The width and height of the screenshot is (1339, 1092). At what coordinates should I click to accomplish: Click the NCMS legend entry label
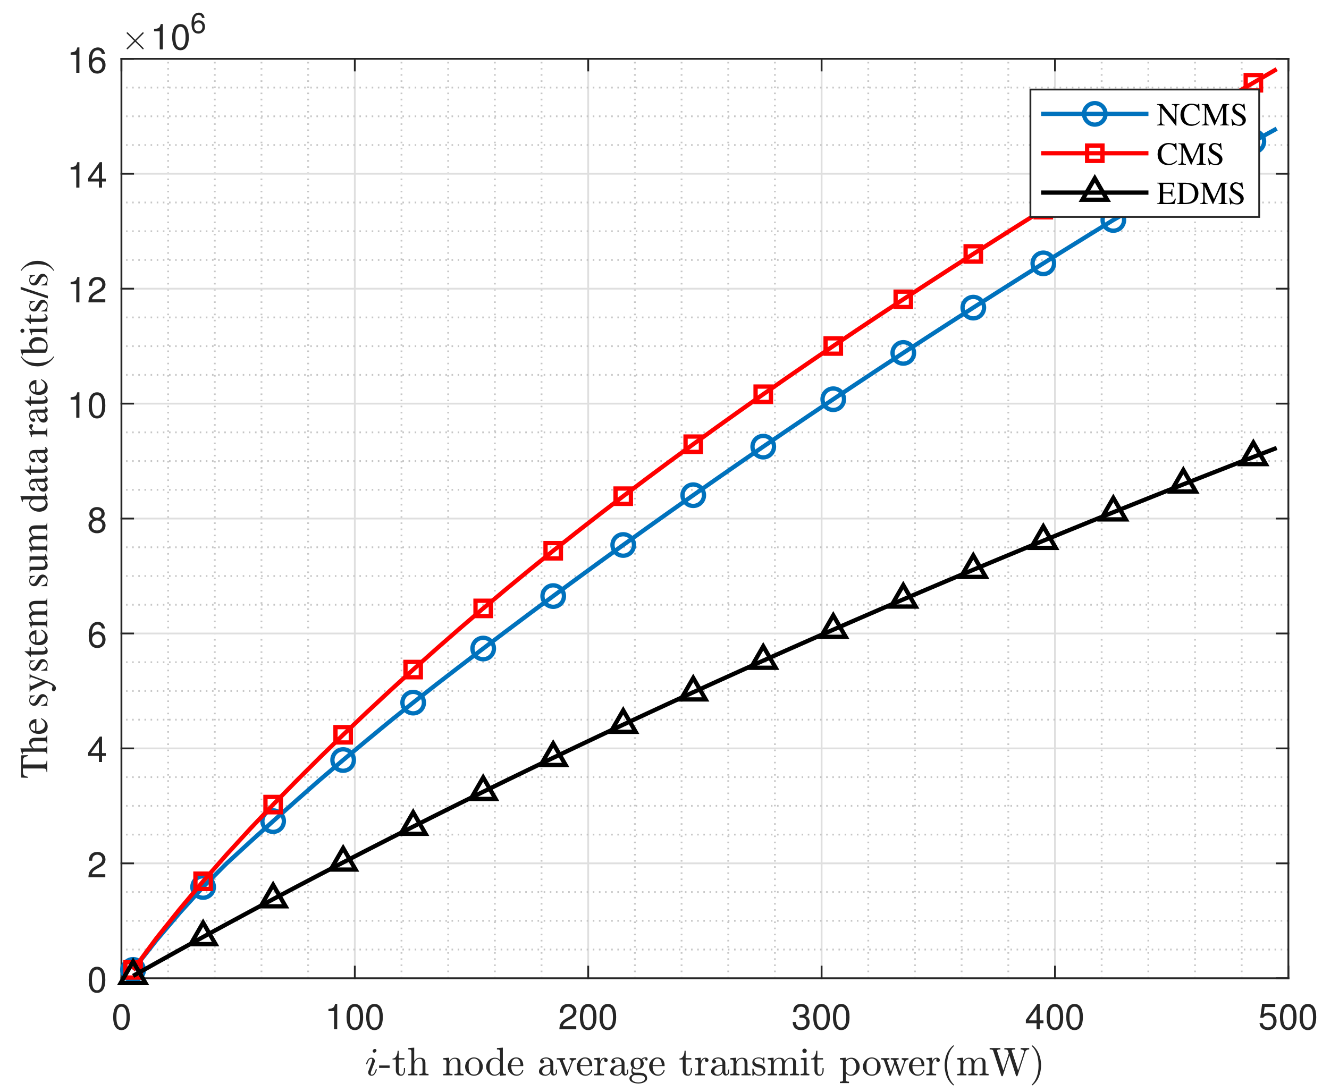(1201, 115)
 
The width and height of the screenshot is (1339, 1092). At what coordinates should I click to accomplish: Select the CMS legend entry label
(1189, 154)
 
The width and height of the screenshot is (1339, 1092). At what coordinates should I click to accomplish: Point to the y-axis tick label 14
(88, 175)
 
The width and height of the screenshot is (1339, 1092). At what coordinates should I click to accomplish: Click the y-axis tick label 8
(96, 520)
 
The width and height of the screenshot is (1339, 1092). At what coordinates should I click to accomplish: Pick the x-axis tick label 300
(821, 1018)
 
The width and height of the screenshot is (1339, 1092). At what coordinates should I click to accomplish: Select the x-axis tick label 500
(1287, 1018)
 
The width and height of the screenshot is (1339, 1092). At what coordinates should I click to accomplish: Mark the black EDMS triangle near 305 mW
(833, 627)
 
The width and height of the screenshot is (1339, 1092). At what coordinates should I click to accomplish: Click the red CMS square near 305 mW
(833, 346)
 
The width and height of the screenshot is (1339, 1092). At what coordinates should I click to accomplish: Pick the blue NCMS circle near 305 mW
(833, 400)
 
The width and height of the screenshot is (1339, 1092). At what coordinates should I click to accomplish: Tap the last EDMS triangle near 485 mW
(1253, 454)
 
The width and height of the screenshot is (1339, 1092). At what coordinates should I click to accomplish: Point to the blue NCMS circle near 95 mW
(343, 760)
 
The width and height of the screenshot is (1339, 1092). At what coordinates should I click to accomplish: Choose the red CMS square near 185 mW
(553, 551)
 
